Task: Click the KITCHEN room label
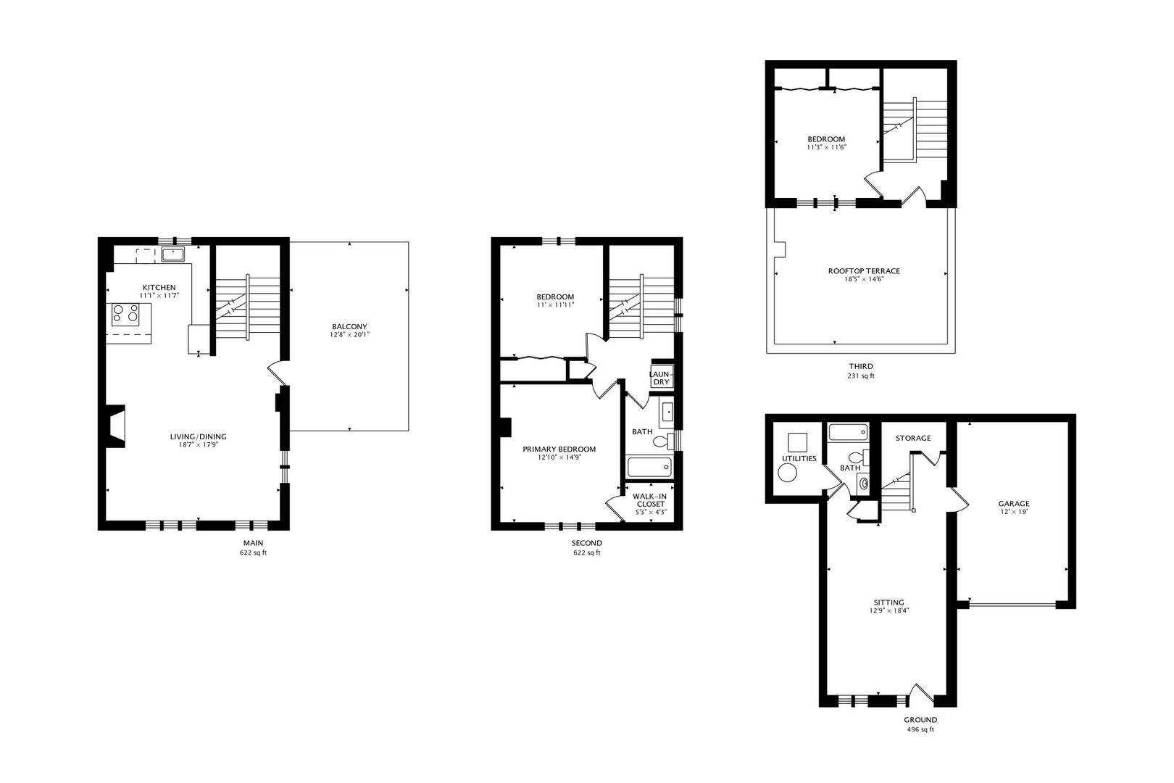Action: pos(159,288)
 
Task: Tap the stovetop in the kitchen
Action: pos(125,313)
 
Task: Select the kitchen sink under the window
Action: pos(173,254)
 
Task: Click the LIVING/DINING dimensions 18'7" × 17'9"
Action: pos(198,444)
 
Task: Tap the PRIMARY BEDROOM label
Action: pos(559,449)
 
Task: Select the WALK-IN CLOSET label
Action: pos(650,500)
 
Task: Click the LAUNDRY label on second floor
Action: pos(662,378)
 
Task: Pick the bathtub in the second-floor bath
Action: pos(649,466)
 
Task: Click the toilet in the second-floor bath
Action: pos(659,439)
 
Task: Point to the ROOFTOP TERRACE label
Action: pos(864,271)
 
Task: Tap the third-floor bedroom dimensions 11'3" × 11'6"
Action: pos(826,147)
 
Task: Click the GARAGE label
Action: pos(1013,504)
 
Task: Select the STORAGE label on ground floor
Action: pos(913,438)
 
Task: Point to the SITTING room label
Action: pos(888,602)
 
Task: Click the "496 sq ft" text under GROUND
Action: pos(920,729)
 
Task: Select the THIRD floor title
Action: pos(861,366)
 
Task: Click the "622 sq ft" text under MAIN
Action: pos(253,552)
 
